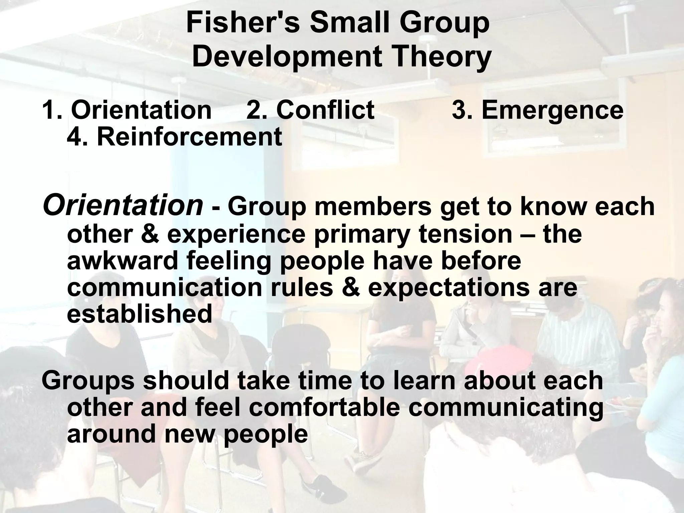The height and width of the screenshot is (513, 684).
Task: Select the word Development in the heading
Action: point(287,57)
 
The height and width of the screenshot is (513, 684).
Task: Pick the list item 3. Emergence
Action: point(537,110)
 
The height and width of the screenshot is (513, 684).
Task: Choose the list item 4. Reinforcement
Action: point(174,137)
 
